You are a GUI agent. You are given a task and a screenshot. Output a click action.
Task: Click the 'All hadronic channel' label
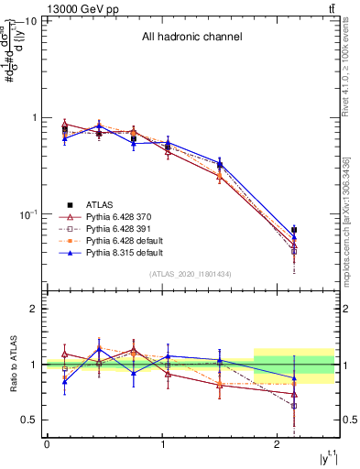click(x=191, y=38)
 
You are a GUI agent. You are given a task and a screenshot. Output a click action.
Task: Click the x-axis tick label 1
click(x=162, y=444)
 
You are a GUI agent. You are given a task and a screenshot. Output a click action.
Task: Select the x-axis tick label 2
click(x=278, y=444)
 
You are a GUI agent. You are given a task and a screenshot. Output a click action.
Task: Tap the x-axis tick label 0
click(x=47, y=444)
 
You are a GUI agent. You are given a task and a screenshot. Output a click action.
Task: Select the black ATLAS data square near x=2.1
click(x=294, y=230)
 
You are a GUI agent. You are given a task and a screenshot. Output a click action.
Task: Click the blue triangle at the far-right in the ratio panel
click(x=294, y=377)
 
